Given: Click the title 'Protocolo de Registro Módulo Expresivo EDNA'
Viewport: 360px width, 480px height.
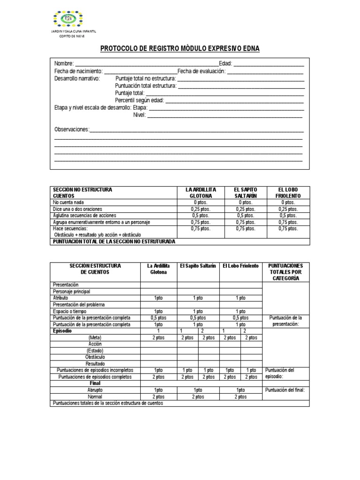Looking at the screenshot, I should (180, 49).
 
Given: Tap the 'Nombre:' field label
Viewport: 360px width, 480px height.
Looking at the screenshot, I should (64, 64).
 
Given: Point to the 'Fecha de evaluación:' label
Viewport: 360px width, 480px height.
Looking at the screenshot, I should (202, 71).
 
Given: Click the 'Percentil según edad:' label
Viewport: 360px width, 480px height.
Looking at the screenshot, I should (140, 101).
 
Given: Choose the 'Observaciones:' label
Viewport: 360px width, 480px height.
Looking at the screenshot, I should (72, 129).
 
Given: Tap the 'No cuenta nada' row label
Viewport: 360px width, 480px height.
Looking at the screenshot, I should (69, 202).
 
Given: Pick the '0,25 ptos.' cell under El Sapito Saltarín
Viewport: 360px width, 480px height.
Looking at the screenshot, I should (246, 209).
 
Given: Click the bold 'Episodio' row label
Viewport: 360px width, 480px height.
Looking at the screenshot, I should (62, 330).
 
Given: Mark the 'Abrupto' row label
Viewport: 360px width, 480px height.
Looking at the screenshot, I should (95, 390).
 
